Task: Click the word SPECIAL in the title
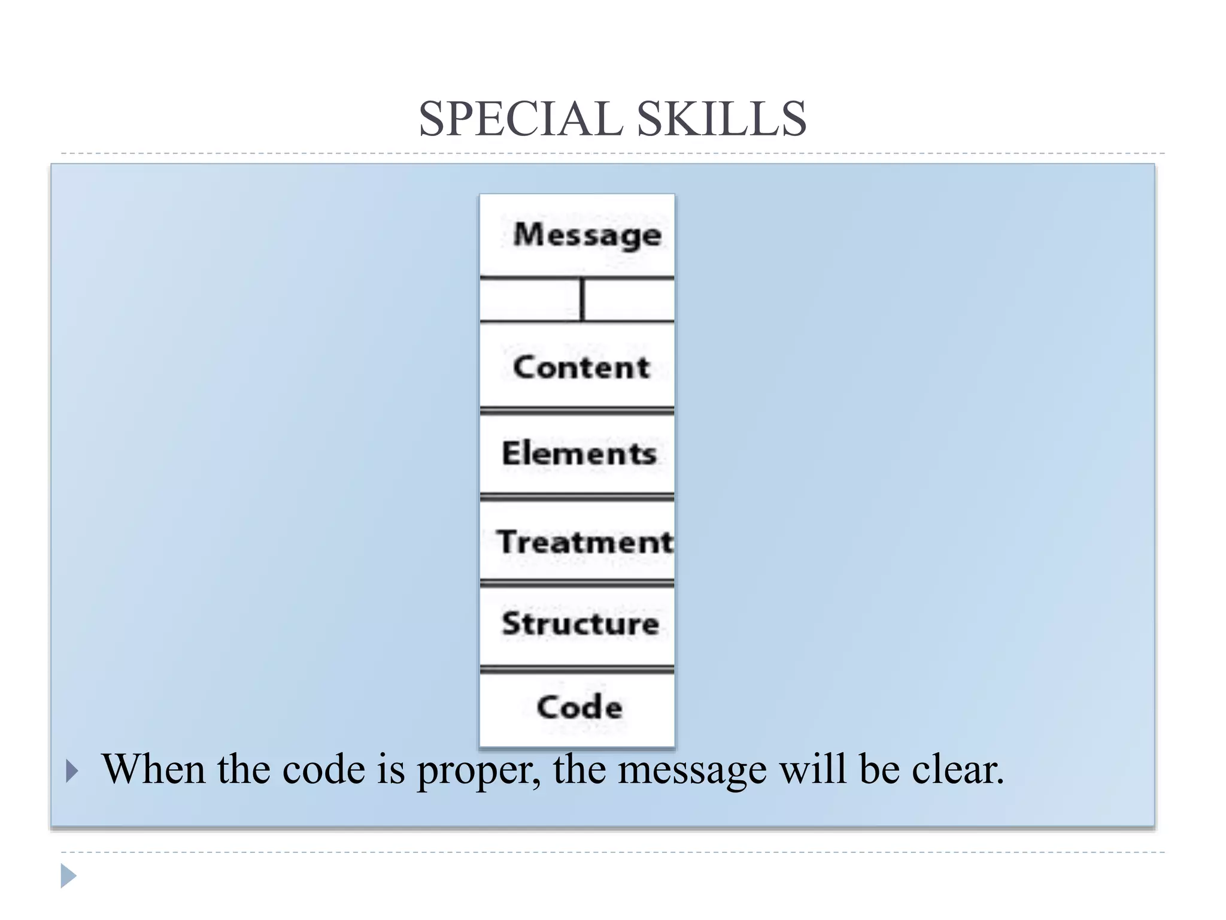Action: click(x=521, y=119)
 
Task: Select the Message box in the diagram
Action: click(x=587, y=234)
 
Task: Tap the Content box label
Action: click(x=581, y=367)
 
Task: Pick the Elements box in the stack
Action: click(x=579, y=453)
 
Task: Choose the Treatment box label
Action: click(x=585, y=542)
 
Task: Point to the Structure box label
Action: click(x=580, y=624)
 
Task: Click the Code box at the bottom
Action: click(x=579, y=707)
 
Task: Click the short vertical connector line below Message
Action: click(x=582, y=299)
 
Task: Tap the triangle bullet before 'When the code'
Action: click(x=72, y=771)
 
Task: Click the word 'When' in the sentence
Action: click(x=154, y=769)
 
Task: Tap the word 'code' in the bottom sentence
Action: click(x=323, y=769)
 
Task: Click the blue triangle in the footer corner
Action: click(x=68, y=876)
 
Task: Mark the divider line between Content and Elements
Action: click(x=577, y=411)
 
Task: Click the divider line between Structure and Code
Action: click(x=577, y=670)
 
